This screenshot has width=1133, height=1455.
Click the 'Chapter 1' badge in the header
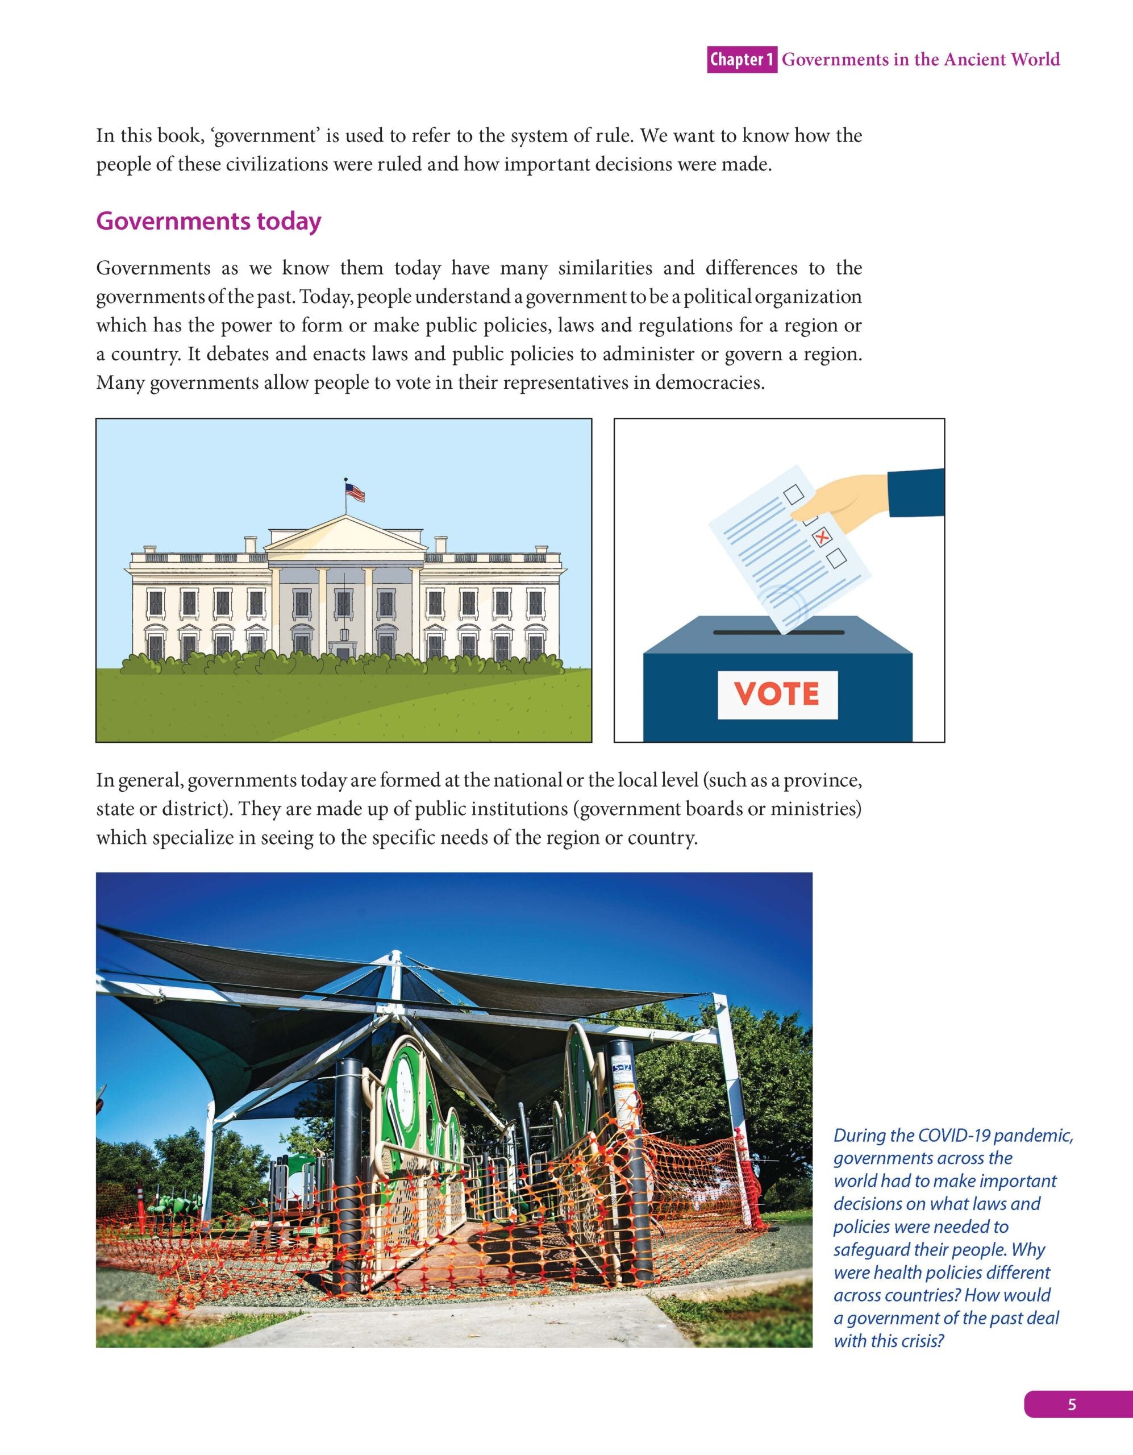(742, 60)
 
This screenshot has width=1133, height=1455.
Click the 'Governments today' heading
(209, 221)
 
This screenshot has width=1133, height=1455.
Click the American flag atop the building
(355, 492)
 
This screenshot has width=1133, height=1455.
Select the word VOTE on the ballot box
(777, 694)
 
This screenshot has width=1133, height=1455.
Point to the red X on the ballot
(822, 537)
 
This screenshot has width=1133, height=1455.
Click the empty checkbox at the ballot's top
(794, 494)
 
